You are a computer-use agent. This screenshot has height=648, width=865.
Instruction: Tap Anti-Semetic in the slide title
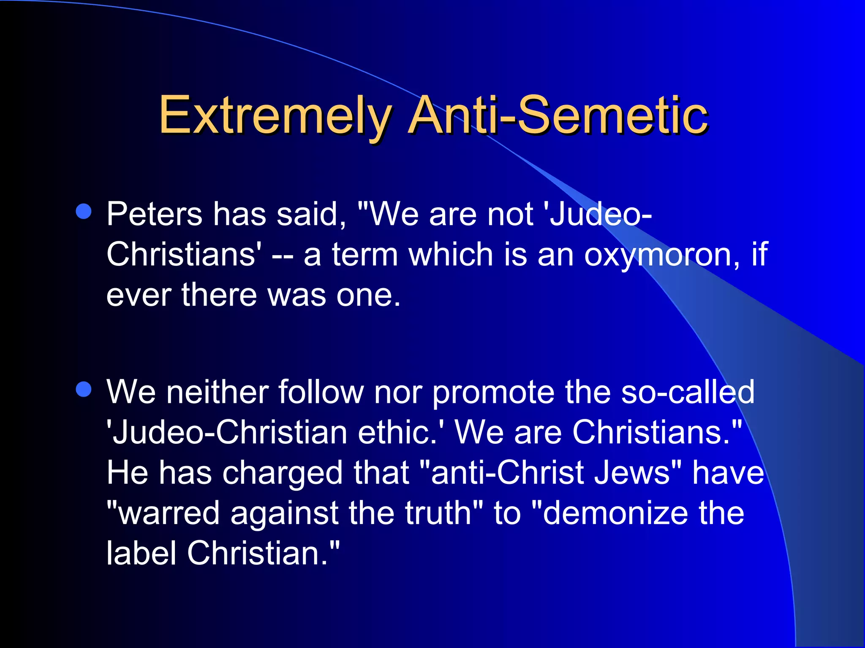(x=558, y=115)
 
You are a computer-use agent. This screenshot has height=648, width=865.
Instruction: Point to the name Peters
(x=154, y=214)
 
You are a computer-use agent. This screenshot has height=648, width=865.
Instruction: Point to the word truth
(x=438, y=513)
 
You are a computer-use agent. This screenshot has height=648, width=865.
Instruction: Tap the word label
(x=141, y=553)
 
